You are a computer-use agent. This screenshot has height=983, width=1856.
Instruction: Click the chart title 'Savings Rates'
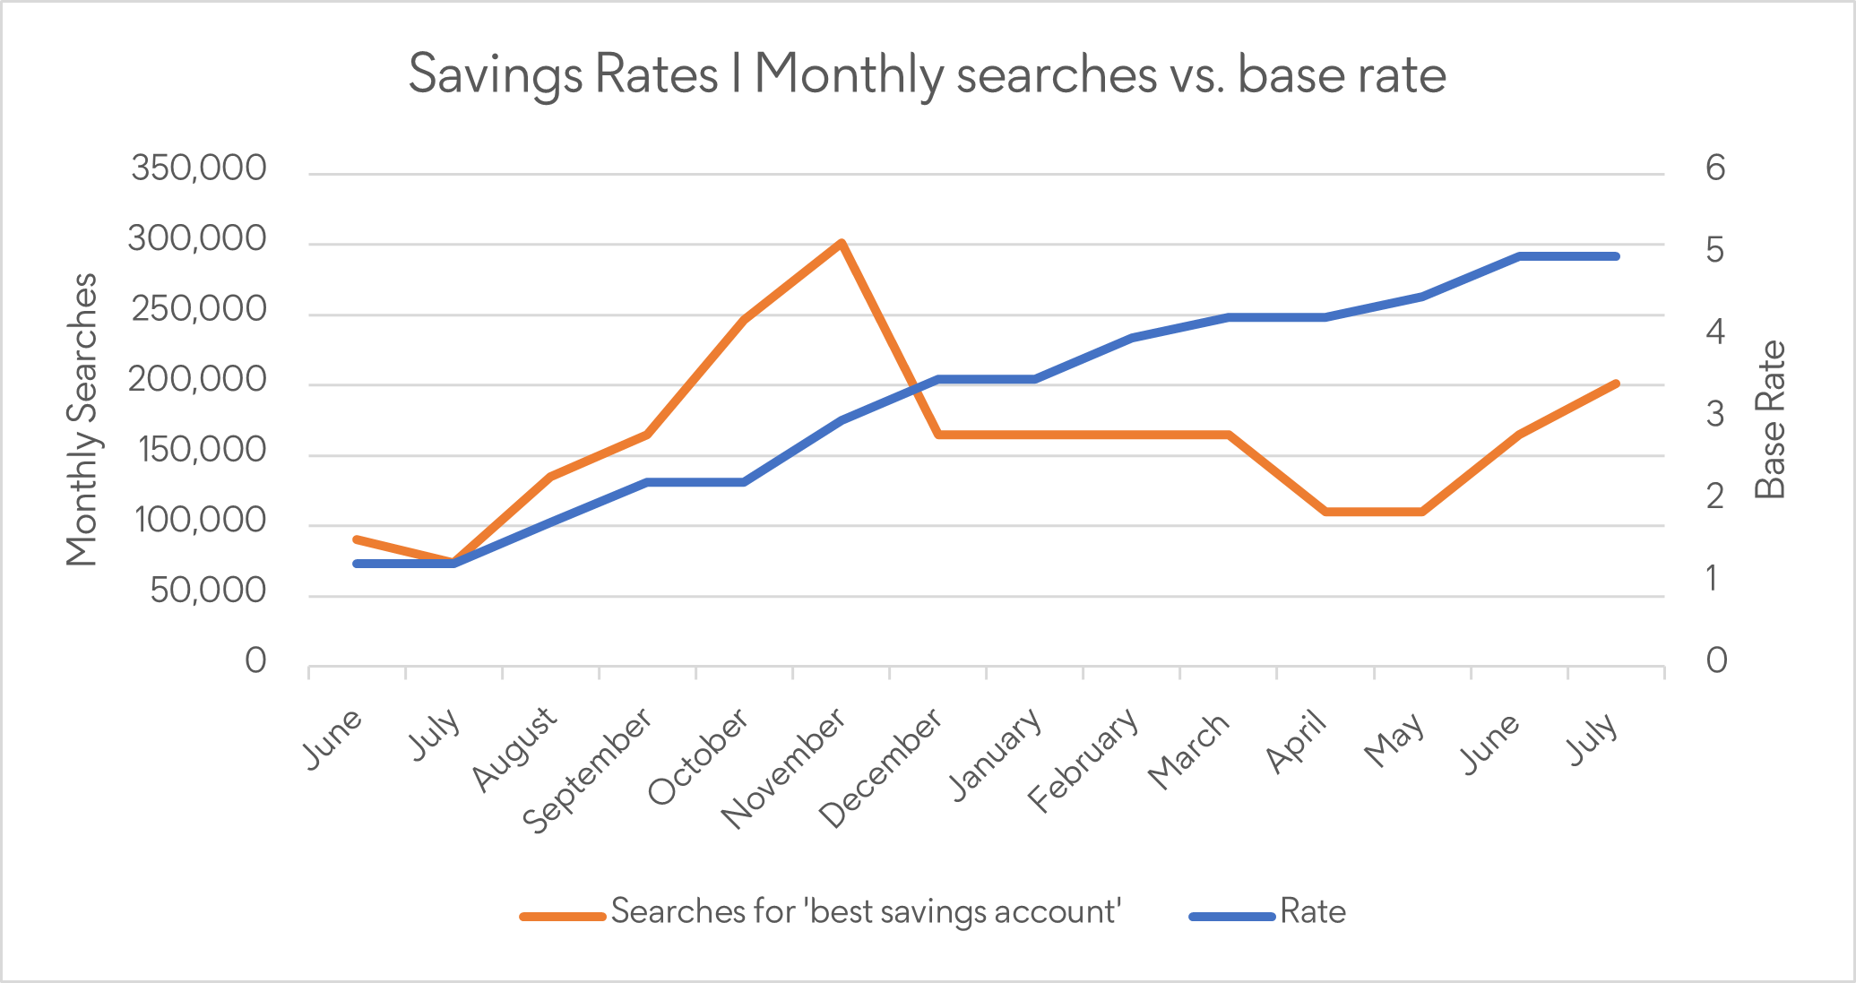coord(927,73)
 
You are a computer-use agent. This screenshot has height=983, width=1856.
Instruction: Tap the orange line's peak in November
coord(841,243)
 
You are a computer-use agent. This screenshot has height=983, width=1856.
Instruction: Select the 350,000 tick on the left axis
coord(199,168)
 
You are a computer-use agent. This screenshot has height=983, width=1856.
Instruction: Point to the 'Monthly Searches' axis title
coord(82,419)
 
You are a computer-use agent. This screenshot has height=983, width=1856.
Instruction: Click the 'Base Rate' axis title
coord(1770,419)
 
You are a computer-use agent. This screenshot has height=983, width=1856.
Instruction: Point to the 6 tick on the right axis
coord(1715,168)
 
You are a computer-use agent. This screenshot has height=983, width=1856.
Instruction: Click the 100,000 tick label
coord(199,521)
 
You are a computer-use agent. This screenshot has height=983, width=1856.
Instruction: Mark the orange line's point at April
coord(1325,512)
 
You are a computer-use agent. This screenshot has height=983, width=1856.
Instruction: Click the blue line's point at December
coord(938,379)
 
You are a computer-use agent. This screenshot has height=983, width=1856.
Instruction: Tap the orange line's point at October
coord(744,319)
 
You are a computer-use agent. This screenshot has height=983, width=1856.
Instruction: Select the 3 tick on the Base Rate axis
coord(1715,415)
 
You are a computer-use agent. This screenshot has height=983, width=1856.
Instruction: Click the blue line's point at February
coord(1132,338)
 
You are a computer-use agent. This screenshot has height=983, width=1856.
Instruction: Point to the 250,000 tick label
coord(199,309)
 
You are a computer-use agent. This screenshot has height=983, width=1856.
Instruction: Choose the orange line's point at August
coord(550,476)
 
